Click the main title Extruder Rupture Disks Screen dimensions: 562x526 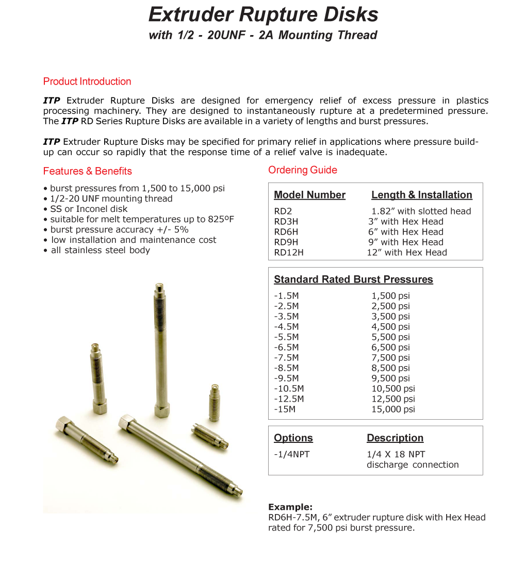point(263,14)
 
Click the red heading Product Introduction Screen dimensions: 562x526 point(87,81)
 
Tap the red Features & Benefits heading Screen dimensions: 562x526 point(88,171)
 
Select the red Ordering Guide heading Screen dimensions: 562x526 point(303,170)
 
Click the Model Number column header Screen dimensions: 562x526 point(309,195)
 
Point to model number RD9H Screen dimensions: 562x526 point(286,242)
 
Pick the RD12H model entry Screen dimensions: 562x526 point(288,252)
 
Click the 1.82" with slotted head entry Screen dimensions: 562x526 point(421,211)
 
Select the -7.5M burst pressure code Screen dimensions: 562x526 point(286,357)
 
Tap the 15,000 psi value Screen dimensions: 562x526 point(393,409)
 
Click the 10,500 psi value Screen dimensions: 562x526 point(393,388)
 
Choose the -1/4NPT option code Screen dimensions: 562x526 point(292,454)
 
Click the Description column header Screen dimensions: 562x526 point(395,438)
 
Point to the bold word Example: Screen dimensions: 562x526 point(290,507)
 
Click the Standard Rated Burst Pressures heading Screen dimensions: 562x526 point(353,279)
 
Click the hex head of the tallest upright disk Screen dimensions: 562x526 point(161,411)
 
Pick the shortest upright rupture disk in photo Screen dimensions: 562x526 point(215,402)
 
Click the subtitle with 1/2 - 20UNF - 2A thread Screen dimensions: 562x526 point(263,35)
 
